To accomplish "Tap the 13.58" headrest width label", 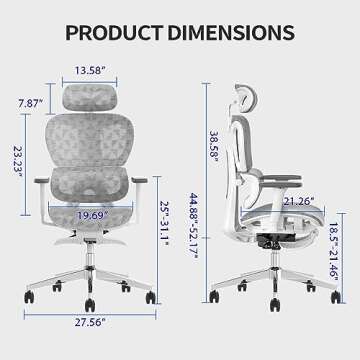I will pyautogui.click(x=91, y=71).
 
